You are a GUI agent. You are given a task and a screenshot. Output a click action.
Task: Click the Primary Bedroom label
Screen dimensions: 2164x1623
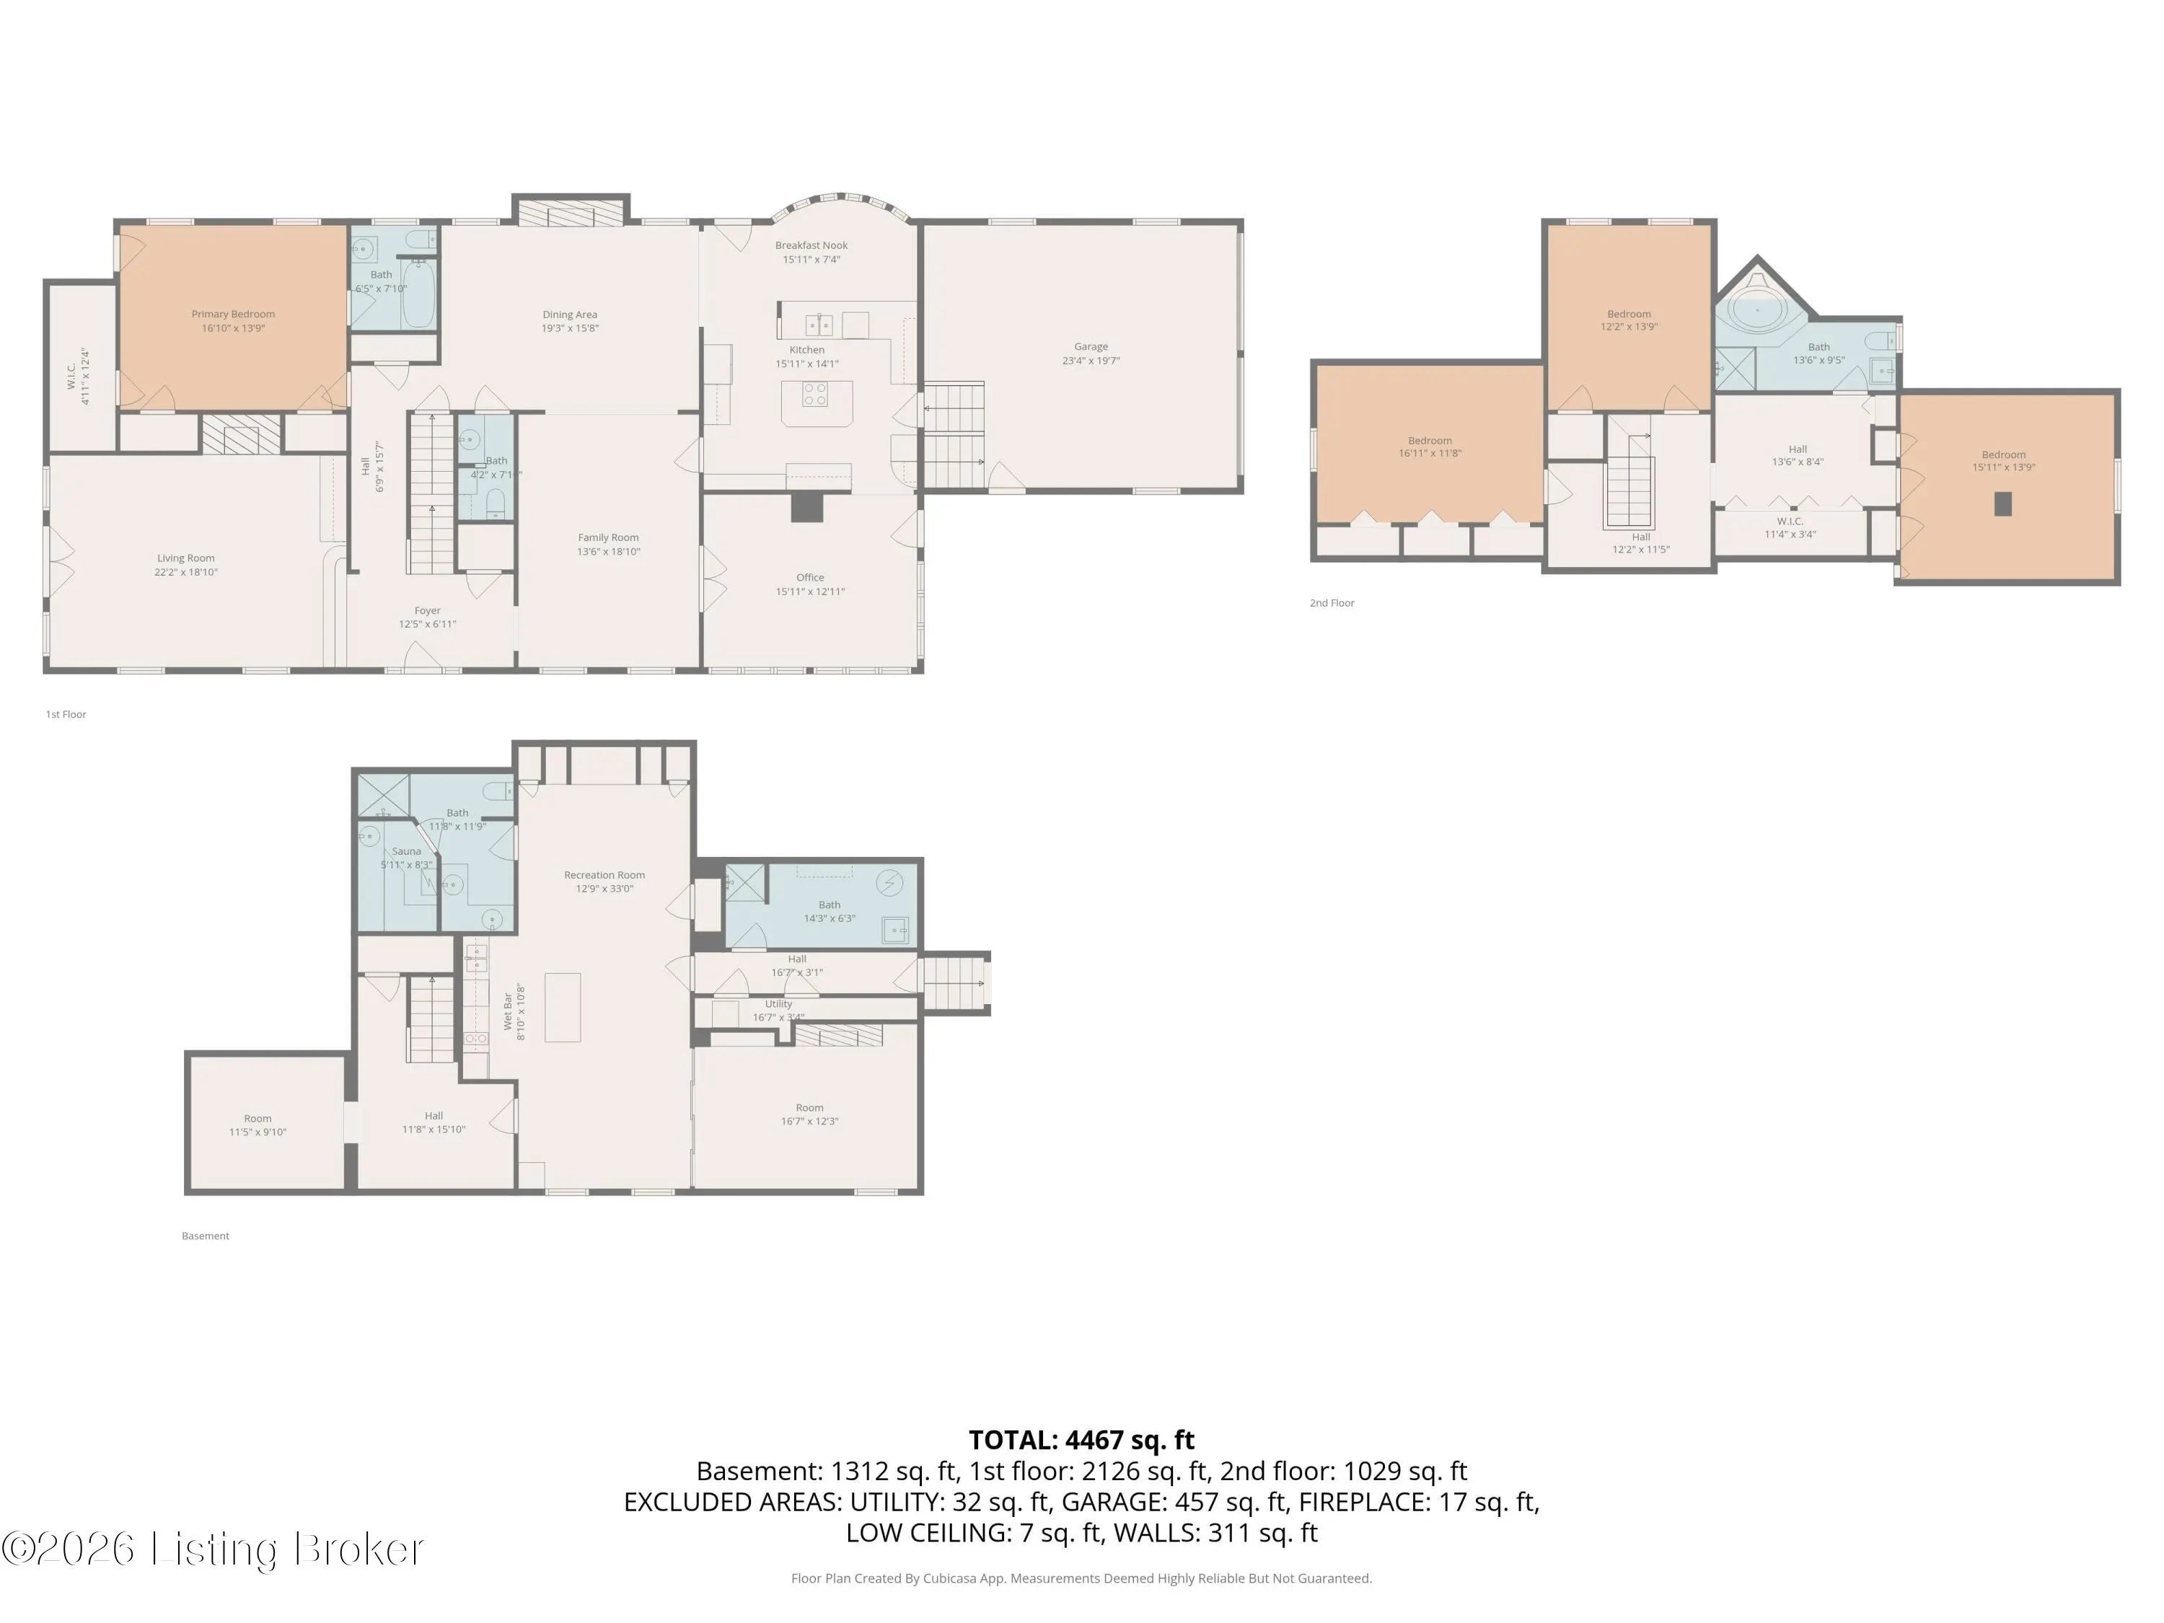pyautogui.click(x=233, y=314)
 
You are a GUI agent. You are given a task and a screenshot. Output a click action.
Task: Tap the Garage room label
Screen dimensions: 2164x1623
pyautogui.click(x=1091, y=346)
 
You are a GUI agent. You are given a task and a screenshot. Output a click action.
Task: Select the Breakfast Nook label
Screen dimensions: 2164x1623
pyautogui.click(x=811, y=245)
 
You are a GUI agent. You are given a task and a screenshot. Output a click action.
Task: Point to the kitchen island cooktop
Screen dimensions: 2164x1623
pyautogui.click(x=815, y=395)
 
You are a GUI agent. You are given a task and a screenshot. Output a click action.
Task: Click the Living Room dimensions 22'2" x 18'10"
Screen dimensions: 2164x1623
pyautogui.click(x=186, y=572)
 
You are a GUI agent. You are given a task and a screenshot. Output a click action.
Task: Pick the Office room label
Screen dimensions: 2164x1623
pyautogui.click(x=810, y=577)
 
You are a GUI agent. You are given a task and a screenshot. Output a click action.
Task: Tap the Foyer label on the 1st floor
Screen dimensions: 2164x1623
pyautogui.click(x=428, y=610)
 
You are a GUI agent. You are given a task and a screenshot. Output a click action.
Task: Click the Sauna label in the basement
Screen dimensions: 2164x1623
pyautogui.click(x=407, y=851)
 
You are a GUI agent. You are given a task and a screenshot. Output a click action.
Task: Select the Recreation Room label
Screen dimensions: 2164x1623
pyautogui.click(x=604, y=874)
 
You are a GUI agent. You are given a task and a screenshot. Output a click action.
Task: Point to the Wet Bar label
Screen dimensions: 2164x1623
pyautogui.click(x=508, y=1011)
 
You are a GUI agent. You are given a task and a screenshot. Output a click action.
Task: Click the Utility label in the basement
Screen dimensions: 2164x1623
pyautogui.click(x=779, y=1004)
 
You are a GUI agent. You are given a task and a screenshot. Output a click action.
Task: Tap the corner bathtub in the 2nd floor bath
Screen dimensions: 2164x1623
pyautogui.click(x=1757, y=311)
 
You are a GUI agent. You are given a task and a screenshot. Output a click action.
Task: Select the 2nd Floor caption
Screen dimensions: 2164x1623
pyautogui.click(x=1332, y=602)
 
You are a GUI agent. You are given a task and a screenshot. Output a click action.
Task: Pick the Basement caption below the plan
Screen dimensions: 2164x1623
pyautogui.click(x=206, y=1236)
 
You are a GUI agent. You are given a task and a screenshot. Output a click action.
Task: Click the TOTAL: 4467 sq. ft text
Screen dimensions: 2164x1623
pyautogui.click(x=1082, y=1440)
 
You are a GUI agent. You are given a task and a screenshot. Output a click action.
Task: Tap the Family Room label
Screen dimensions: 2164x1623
pyautogui.click(x=609, y=537)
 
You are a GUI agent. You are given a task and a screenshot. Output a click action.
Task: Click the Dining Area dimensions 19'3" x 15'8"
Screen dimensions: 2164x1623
pyautogui.click(x=571, y=329)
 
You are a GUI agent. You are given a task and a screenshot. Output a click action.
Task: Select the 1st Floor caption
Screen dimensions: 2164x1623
pyautogui.click(x=66, y=714)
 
